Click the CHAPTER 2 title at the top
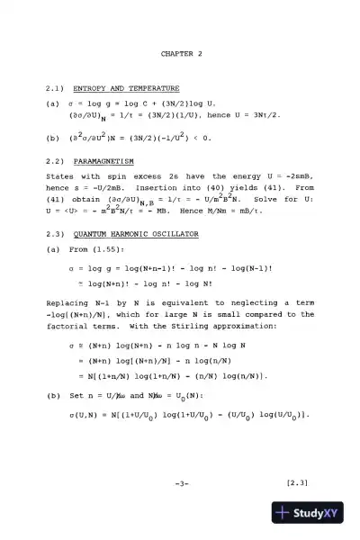[181, 54]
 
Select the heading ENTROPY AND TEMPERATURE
[121, 89]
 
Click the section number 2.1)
[53, 89]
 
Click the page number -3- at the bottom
[181, 483]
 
